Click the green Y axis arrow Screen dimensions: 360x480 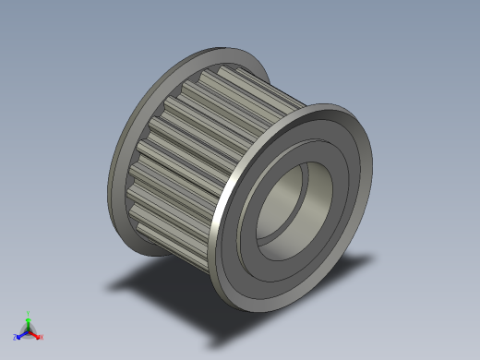29,319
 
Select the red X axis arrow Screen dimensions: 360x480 36,334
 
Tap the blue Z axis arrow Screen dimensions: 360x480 21,334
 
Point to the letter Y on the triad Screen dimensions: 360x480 29,313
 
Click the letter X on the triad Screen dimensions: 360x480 42,337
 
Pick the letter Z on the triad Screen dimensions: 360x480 16,337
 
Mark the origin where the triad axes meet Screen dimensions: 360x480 29,330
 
